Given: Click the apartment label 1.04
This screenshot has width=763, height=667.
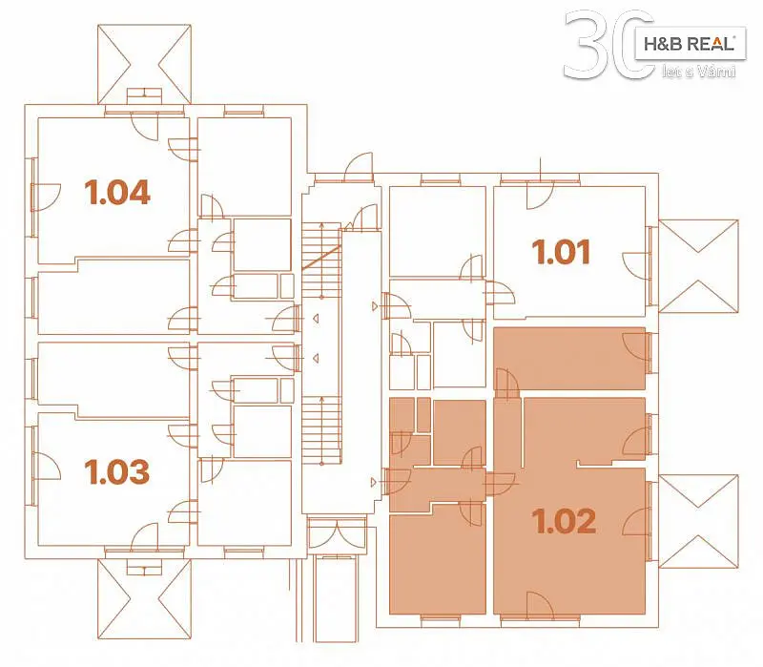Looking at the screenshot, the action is point(117,192).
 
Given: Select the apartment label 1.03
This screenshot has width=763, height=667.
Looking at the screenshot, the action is point(116,471).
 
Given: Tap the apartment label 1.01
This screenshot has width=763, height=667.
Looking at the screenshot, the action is point(561,252).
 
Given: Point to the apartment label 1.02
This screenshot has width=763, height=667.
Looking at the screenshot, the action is point(564,521).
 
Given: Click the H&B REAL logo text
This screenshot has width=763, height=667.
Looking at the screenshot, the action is point(689,44).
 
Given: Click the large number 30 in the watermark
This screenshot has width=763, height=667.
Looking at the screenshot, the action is point(608,45).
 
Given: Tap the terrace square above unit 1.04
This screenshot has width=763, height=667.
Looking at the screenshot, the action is point(145,64).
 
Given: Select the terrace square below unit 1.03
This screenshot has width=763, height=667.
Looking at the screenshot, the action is point(145,599).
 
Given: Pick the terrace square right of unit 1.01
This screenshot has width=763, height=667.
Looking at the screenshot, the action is point(698,266).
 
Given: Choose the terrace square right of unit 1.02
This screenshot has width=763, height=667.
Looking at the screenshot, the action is point(698,521).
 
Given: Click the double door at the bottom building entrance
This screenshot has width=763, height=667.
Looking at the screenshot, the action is point(338,532).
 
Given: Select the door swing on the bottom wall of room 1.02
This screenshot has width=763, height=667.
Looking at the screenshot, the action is point(540,605).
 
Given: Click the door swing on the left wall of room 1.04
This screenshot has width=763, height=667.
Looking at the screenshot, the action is point(46,197).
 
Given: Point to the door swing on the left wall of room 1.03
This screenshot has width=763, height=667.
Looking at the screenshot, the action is point(46,466).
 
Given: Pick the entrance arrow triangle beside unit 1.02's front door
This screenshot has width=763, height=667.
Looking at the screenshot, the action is point(374,483).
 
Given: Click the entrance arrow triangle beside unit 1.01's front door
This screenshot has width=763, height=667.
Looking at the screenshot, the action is point(374,306).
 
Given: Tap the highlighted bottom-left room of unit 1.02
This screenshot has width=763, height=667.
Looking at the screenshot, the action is point(438,558).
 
